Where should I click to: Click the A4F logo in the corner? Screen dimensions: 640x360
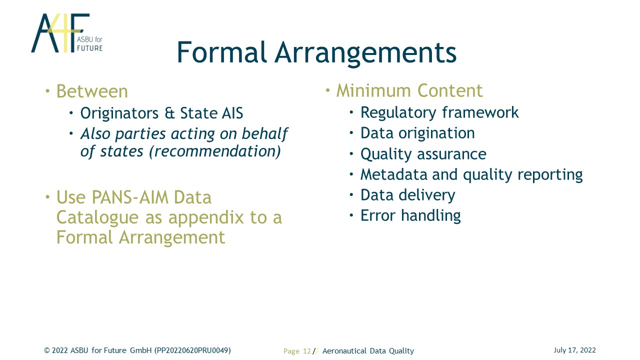[x=67, y=33]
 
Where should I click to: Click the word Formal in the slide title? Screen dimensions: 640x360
[x=222, y=52]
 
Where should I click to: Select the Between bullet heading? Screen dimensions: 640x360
[x=92, y=91]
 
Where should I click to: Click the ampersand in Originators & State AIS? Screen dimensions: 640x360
[x=169, y=113]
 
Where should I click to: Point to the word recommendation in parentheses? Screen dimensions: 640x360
[x=215, y=151]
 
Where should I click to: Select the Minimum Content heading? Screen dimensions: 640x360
[x=409, y=91]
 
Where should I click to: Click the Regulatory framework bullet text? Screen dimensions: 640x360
[x=439, y=112]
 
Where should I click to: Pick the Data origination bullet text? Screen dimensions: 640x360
[x=417, y=133]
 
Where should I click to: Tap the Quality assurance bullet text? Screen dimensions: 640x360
[x=423, y=154]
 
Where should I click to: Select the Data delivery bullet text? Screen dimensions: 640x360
[x=407, y=195]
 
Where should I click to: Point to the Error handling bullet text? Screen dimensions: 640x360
[x=410, y=215]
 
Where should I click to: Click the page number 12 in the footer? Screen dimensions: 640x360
[x=307, y=351]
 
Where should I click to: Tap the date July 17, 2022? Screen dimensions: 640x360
[x=574, y=350]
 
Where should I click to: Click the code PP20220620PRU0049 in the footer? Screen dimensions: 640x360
[x=192, y=350]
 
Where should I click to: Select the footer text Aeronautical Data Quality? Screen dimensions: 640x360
[x=368, y=351]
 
